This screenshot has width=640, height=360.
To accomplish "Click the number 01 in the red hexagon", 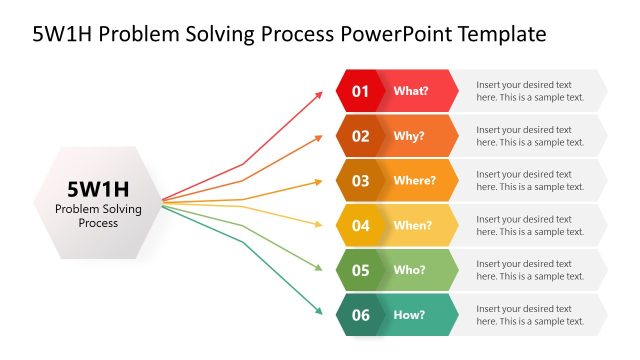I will point(360,91).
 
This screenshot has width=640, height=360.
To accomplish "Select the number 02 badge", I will point(360,136).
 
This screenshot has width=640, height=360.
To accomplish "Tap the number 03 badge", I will point(360,181).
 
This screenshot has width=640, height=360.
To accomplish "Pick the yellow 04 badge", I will point(360,225).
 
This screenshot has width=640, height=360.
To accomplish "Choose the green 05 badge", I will point(360,270).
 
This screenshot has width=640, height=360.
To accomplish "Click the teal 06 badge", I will point(360,315).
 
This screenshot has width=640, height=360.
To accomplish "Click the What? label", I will point(411,91).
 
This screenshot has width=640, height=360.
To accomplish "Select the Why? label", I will point(409,136).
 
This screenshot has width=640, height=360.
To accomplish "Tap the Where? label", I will point(414,181).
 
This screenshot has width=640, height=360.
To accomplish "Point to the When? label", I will point(413,225).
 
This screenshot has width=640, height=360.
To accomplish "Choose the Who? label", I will point(410,270).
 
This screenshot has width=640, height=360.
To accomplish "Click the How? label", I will point(410,315).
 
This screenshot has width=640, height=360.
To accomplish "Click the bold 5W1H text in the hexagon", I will point(98,188).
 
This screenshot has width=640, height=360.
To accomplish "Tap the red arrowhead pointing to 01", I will point(319,94).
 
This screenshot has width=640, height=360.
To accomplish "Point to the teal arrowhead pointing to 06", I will point(319,311).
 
